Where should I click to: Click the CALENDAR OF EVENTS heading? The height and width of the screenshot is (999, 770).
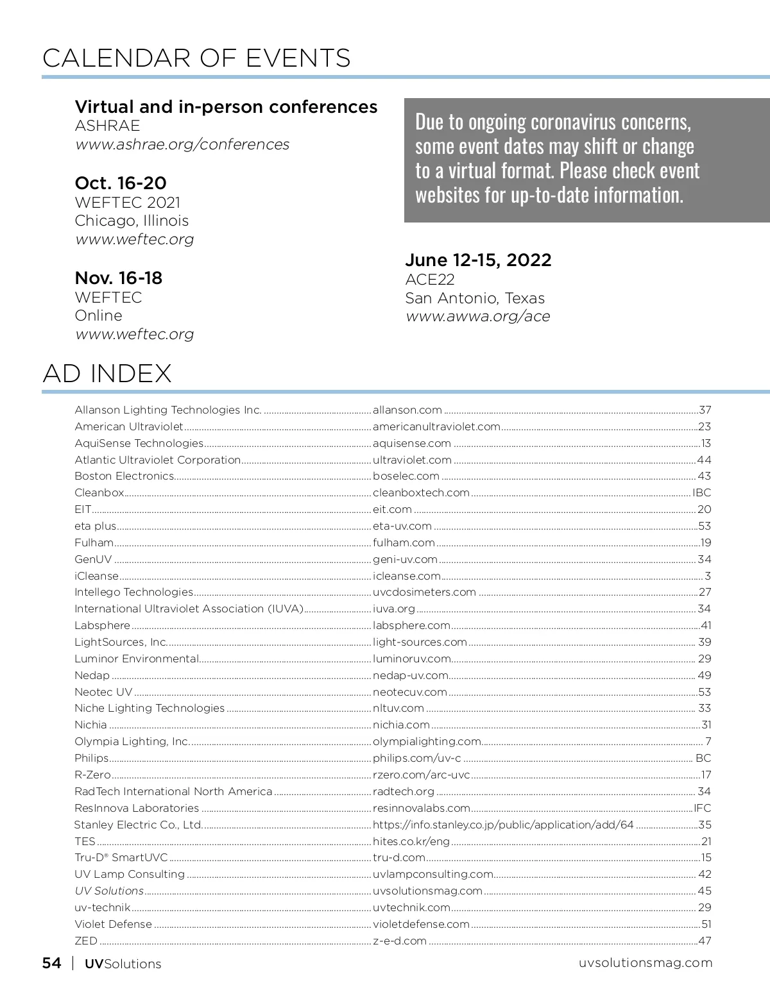pos(196,58)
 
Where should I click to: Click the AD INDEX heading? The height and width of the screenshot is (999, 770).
pos(107,373)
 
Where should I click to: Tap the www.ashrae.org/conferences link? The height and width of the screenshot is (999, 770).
pos(182,144)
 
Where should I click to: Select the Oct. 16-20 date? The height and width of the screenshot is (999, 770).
pos(121,183)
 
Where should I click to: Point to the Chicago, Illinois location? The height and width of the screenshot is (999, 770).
pos(132,221)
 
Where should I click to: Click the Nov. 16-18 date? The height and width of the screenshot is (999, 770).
pos(119,278)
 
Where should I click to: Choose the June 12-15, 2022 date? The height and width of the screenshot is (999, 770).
pos(478,260)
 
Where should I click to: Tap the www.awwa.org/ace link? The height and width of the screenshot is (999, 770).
pos(477,316)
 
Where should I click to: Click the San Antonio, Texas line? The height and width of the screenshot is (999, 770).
pos(475,298)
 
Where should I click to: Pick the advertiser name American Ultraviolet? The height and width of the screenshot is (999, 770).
pos(129,427)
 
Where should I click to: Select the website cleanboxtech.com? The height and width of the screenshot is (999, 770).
pos(421,493)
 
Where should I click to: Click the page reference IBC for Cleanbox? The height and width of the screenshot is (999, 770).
pos(701,493)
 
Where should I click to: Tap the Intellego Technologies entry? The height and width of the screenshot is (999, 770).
pos(133,592)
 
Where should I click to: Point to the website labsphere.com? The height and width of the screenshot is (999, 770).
pos(411,626)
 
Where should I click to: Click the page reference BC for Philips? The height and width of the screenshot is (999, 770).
pos(703,759)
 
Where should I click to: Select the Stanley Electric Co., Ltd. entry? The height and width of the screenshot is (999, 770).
pos(138,825)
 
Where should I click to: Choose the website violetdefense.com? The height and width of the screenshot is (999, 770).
pos(421,925)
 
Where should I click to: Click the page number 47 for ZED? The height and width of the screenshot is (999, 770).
pos(705,941)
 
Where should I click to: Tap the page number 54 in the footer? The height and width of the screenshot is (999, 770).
pos(52,963)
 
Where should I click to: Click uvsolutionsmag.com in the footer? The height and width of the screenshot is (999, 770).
pos(645,963)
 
